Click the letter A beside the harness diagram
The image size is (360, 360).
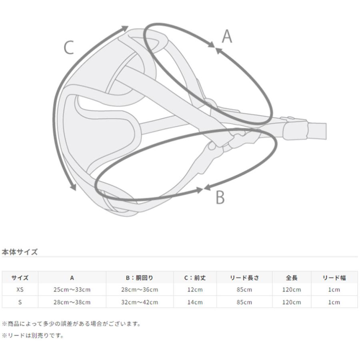(x=227, y=36)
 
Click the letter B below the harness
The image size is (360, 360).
(x=220, y=197)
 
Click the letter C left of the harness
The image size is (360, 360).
(x=69, y=48)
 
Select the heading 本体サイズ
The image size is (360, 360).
(x=20, y=252)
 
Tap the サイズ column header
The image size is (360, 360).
(x=20, y=278)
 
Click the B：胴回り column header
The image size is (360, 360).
(x=140, y=278)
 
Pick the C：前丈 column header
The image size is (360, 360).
(x=195, y=278)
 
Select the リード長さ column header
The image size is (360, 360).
(x=244, y=278)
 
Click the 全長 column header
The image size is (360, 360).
(x=291, y=278)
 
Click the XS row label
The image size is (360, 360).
(x=20, y=290)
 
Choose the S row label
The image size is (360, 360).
(x=20, y=302)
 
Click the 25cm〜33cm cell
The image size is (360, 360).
(x=72, y=290)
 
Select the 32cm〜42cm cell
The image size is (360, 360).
(x=140, y=302)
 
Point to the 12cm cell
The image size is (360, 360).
(x=195, y=290)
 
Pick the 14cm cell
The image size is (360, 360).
(x=195, y=302)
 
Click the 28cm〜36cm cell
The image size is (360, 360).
(x=140, y=290)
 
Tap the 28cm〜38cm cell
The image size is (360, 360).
(x=72, y=302)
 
